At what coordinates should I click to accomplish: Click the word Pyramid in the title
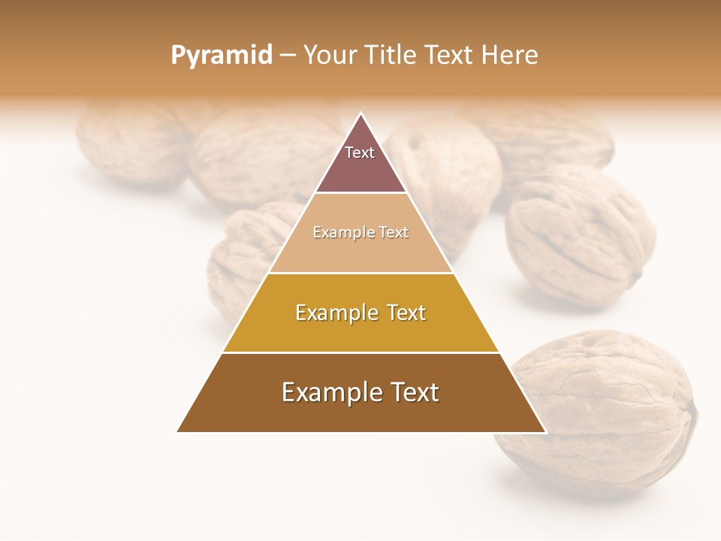[x=222, y=56]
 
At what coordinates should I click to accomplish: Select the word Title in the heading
[x=394, y=56]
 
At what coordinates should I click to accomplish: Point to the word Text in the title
[x=451, y=56]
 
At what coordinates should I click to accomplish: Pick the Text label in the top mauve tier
[x=360, y=153]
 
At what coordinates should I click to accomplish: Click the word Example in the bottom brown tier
[x=326, y=392]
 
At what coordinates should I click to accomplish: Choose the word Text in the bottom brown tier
[x=414, y=392]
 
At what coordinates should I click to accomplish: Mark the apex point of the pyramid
[x=361, y=113]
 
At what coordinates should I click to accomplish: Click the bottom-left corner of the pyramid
[x=177, y=432]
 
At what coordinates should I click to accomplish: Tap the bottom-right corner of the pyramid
[x=546, y=432]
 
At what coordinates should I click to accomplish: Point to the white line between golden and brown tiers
[x=361, y=352]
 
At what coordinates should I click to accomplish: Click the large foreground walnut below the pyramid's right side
[x=601, y=413]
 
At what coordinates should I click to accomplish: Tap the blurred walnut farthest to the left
[x=128, y=143]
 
